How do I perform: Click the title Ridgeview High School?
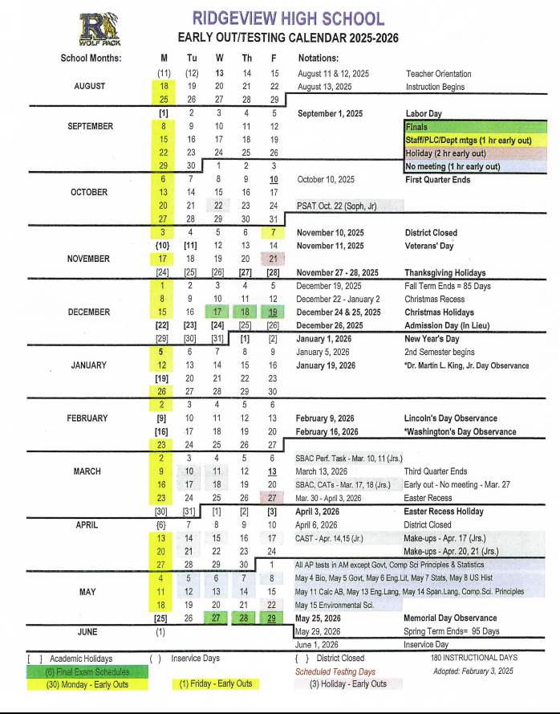(288, 18)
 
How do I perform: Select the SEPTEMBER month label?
(90, 126)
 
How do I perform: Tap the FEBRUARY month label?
(87, 418)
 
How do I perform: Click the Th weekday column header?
(246, 58)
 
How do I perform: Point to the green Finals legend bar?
(475, 127)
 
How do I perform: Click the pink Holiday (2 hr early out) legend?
(475, 153)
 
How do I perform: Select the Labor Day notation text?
(424, 114)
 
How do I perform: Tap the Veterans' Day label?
(429, 246)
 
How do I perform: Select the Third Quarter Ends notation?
(436, 471)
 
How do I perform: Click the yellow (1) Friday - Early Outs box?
(214, 683)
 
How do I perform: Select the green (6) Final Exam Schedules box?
(76, 671)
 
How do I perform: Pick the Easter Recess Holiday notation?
(444, 512)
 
